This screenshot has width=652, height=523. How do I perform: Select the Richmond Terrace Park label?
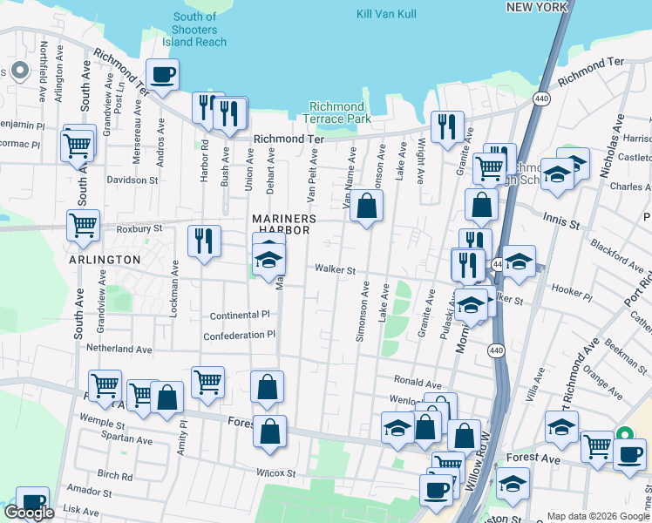pos(340,112)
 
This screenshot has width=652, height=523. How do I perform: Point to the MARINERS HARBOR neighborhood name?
pos(282,224)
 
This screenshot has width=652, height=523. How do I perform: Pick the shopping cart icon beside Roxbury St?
pos(83,225)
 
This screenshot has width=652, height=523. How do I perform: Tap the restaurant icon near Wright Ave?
pos(447,126)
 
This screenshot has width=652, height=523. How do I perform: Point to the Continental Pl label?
pos(240,315)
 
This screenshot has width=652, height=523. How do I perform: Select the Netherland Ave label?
pos(119,349)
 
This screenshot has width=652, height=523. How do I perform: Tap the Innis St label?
pos(560,222)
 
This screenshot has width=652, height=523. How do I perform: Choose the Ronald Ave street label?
pos(418,382)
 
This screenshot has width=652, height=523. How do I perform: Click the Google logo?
pos(29,513)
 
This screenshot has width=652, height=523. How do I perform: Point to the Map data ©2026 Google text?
pos(597,516)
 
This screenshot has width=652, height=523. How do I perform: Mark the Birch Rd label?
pos(115,476)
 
